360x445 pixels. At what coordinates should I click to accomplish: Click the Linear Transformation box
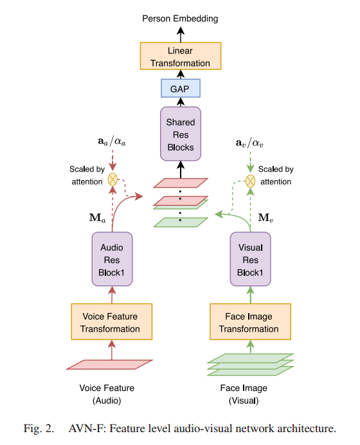click(x=180, y=57)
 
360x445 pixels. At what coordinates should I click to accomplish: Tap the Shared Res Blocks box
click(x=180, y=134)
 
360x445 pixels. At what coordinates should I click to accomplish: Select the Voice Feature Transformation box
click(x=111, y=322)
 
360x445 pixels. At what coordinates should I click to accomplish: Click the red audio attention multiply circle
click(x=113, y=179)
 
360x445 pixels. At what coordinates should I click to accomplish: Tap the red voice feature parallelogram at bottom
click(x=110, y=365)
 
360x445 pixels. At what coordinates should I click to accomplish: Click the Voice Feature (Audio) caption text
click(x=111, y=394)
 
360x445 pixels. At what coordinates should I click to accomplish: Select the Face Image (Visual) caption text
click(x=248, y=394)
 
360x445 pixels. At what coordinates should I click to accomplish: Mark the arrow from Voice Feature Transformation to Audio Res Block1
click(x=112, y=295)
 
